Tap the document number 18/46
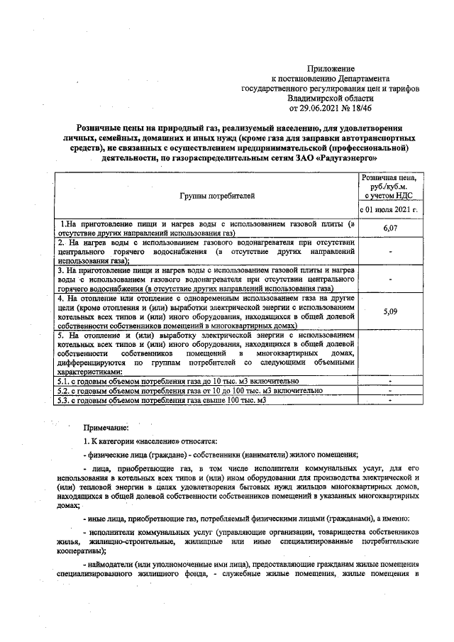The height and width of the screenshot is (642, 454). pos(366,109)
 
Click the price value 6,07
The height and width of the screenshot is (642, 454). pos(388,228)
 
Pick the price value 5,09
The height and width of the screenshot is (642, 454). pos(388,311)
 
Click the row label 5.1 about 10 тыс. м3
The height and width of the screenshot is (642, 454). pos(181,382)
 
